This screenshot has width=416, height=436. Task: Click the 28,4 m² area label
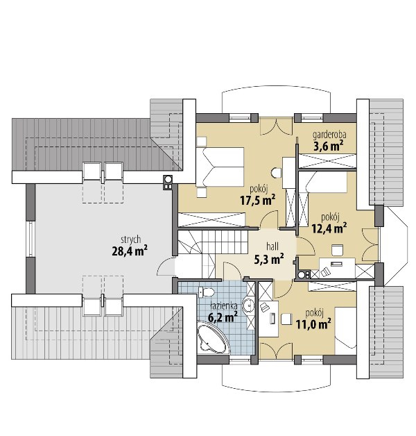point(130,251)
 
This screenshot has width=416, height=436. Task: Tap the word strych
point(130,240)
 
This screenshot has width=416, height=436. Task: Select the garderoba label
point(329,135)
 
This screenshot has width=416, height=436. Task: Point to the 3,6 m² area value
point(328,146)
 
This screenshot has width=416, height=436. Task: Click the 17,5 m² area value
point(258,200)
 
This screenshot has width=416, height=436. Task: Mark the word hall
point(272,246)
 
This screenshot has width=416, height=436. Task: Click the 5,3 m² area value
point(269,259)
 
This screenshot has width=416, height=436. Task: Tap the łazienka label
point(223,306)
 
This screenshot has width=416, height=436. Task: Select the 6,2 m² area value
point(223,317)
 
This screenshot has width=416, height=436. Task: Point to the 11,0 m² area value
point(313,324)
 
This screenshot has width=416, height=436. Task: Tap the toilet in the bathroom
point(206,292)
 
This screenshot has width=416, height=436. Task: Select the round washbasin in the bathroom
point(248,305)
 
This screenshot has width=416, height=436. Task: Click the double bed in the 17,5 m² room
point(220,167)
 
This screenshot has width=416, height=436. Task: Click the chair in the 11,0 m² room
point(286,319)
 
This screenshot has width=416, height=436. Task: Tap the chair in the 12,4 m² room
point(338,250)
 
